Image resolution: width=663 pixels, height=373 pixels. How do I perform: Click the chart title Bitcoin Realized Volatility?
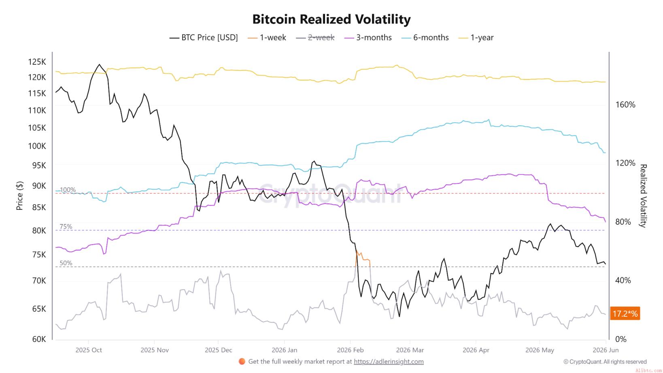[x=331, y=19]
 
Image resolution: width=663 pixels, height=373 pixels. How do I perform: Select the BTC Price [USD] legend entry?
[x=204, y=38]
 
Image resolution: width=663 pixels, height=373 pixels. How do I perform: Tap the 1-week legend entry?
[x=267, y=38]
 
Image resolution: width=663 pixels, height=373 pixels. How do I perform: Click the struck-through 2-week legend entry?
[x=315, y=38]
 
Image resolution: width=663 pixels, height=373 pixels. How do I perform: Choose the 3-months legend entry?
[x=368, y=38]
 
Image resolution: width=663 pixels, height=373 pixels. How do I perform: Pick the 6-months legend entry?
[x=425, y=38]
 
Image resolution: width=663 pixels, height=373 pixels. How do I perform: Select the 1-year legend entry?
[x=476, y=38]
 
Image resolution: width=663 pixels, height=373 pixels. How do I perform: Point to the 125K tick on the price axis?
[x=37, y=62]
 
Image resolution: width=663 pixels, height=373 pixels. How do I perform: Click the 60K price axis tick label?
[x=39, y=339]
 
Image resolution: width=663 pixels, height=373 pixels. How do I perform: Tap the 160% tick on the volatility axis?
[x=625, y=104]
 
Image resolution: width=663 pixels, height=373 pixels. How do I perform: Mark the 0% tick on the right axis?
[x=620, y=339]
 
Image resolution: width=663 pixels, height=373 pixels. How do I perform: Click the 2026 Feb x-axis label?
[x=350, y=350]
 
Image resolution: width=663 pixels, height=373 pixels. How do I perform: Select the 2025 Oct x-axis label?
[x=89, y=350]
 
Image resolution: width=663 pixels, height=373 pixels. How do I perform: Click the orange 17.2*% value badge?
[x=625, y=313]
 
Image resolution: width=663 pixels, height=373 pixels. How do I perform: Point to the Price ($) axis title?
[x=19, y=196]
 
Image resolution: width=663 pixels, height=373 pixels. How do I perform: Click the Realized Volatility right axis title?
[x=643, y=196]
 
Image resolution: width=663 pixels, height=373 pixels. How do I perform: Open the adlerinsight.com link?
[x=389, y=362]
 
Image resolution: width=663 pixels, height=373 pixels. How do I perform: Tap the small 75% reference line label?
[x=66, y=227]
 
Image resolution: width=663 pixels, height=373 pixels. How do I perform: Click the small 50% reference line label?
[x=66, y=263]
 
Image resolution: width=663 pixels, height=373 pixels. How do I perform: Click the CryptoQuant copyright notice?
[x=605, y=362]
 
